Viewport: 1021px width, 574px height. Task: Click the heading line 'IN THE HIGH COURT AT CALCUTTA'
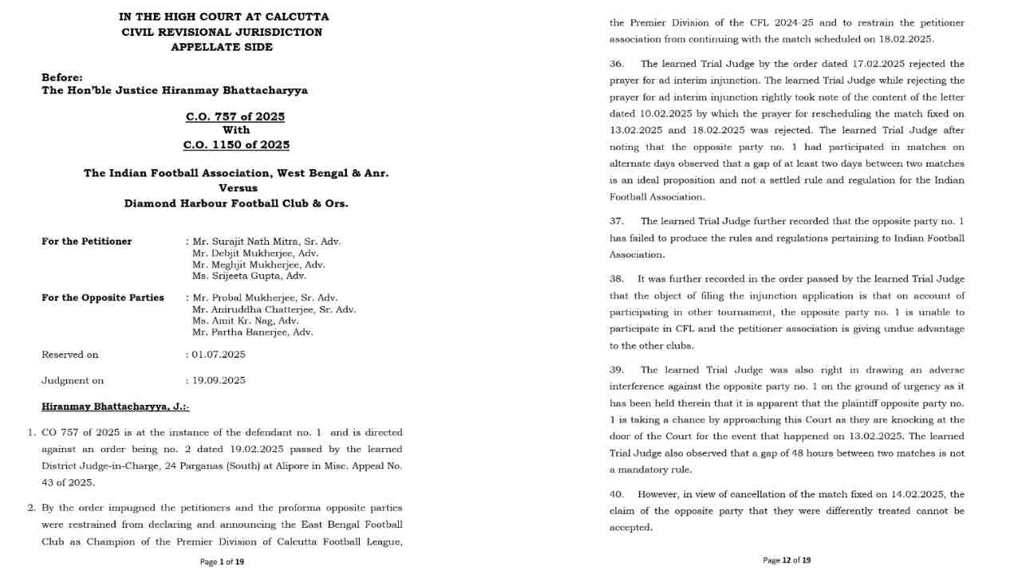point(223,17)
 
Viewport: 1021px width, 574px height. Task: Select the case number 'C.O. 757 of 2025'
point(235,116)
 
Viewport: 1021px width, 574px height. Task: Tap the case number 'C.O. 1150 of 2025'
point(236,145)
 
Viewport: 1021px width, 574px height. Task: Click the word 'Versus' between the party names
point(238,188)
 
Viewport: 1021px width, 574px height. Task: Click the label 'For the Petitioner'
point(87,242)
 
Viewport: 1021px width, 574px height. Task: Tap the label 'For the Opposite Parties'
point(103,297)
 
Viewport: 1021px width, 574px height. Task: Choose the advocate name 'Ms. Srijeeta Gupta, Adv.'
point(249,276)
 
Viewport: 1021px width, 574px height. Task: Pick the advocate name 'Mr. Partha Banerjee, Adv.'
point(252,332)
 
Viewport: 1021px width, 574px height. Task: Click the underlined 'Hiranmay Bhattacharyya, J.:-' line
point(115,407)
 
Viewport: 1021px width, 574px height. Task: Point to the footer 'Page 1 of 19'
point(222,562)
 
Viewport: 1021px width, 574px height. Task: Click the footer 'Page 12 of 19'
point(786,560)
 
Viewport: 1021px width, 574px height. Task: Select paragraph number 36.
point(617,64)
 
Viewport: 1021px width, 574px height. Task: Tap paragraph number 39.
point(617,370)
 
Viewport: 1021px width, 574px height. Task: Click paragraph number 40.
point(617,494)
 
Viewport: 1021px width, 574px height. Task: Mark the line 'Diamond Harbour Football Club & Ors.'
point(236,203)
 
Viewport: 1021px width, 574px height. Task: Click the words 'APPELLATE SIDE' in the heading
point(222,47)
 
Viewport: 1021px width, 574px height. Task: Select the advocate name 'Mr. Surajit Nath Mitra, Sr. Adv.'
point(266,242)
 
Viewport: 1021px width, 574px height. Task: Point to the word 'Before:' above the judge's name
point(62,77)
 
